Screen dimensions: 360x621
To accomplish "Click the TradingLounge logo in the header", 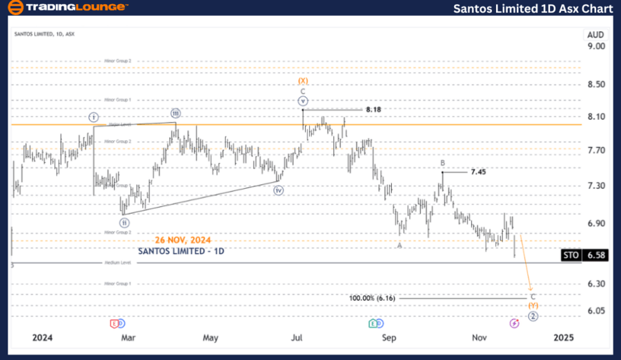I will (x=67, y=8).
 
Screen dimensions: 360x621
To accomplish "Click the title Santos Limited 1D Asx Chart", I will (x=533, y=9).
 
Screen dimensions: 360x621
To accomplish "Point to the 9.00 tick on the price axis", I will (x=595, y=46).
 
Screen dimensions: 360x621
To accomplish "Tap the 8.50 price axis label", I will (x=595, y=84).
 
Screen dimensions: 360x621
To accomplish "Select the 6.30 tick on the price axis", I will (x=595, y=284).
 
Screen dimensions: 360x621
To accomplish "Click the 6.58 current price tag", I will (x=595, y=255).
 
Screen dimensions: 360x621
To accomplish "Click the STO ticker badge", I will (x=571, y=255).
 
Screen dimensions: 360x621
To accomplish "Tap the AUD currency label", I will (x=595, y=34).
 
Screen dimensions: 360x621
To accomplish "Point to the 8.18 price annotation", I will (x=374, y=110).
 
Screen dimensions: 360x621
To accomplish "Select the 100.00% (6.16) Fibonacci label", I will (x=372, y=298).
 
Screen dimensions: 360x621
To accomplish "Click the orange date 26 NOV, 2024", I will (x=182, y=240).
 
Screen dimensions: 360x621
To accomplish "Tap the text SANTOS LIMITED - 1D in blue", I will (x=181, y=251).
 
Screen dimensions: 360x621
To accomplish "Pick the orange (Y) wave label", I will (x=533, y=306).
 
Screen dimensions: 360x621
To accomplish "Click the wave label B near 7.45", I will (x=442, y=163).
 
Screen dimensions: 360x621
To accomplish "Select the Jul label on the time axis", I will (x=297, y=338).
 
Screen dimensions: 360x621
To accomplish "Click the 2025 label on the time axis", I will (x=564, y=338).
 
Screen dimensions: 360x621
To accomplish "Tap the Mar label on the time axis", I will (x=128, y=338).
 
